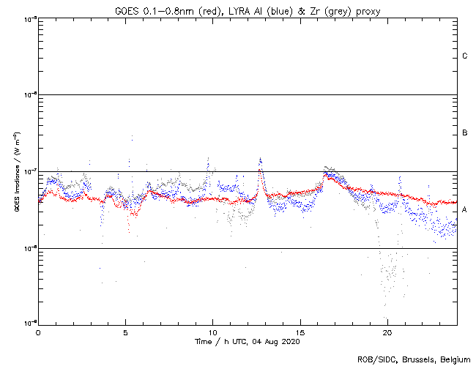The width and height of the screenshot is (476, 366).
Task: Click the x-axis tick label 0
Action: point(38,332)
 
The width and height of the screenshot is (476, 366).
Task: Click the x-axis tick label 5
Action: point(125,332)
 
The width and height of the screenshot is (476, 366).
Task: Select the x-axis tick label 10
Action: point(212,332)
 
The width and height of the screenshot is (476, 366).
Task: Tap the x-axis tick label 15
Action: point(300,332)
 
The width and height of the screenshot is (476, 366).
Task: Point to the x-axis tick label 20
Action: point(387,332)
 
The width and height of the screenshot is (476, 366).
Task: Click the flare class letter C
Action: point(465,56)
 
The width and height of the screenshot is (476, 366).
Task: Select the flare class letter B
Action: point(465,133)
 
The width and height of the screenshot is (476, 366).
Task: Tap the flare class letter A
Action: point(465,210)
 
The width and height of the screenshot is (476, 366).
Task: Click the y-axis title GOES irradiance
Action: point(16,172)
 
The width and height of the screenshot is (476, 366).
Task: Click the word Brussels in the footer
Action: point(417,359)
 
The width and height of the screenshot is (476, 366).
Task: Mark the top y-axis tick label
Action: point(30,18)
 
